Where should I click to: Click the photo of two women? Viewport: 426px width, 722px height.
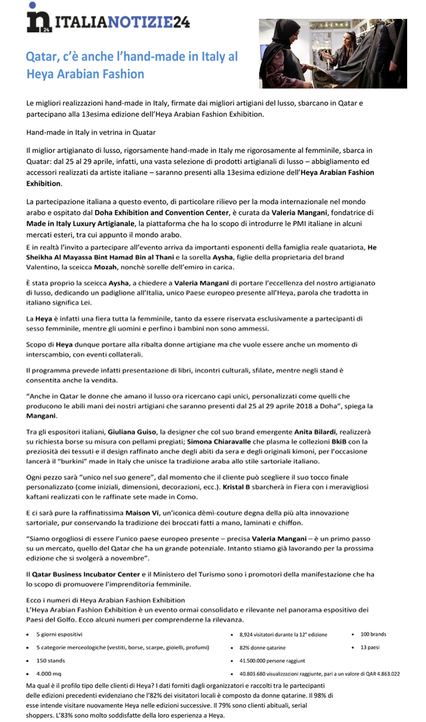tap(332, 53)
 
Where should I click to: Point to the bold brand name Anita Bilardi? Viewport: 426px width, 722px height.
tap(315, 432)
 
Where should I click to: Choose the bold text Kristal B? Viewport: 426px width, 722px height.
tap(236, 487)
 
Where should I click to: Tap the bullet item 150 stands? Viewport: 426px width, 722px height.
tap(50, 660)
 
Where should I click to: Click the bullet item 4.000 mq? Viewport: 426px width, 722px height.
tap(49, 674)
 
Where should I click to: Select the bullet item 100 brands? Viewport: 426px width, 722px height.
tap(373, 634)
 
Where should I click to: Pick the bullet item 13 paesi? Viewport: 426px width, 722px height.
tap(370, 647)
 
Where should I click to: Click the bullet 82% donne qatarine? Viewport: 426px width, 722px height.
tap(262, 648)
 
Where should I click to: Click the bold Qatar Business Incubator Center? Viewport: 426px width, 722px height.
tap(86, 575)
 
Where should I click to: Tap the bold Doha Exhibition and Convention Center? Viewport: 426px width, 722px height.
tap(161, 213)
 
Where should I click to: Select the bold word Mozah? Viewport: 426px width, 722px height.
tap(105, 267)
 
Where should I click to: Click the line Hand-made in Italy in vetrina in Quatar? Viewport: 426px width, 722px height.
tap(91, 133)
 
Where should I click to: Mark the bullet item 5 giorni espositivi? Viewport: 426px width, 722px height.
tap(59, 634)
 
